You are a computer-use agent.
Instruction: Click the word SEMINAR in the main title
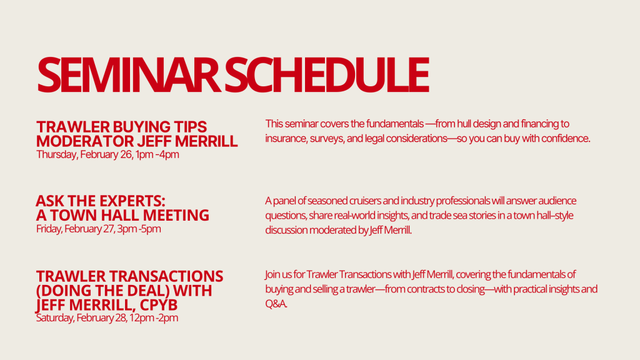129,74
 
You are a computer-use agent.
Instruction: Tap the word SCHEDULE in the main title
326,74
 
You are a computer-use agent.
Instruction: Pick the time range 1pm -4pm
157,155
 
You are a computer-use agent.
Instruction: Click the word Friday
49,229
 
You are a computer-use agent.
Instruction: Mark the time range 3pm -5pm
139,229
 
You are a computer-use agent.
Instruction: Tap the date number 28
121,318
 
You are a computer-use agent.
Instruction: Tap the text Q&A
276,304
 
